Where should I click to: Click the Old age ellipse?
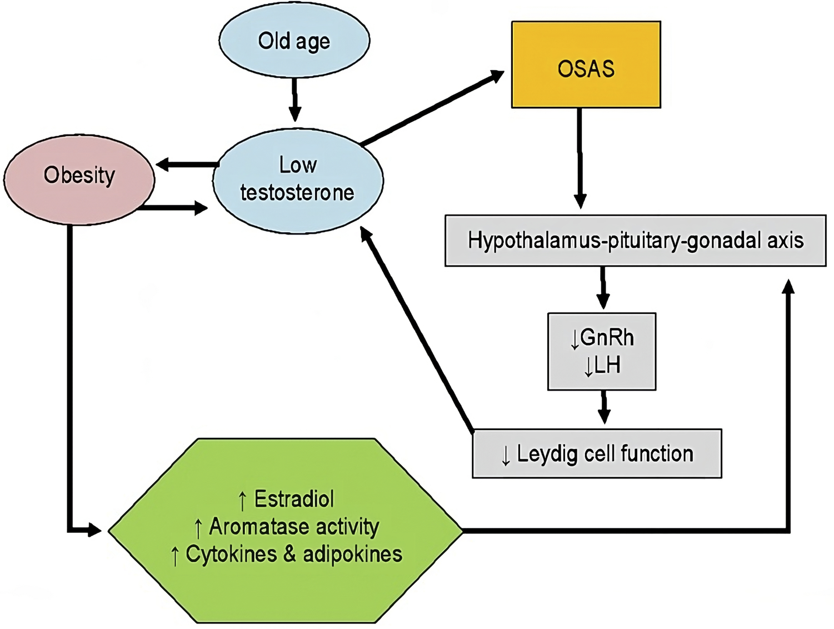click(x=294, y=41)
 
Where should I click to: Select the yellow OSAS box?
click(x=586, y=65)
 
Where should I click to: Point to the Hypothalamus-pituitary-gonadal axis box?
click(x=635, y=241)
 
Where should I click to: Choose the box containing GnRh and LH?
click(x=602, y=351)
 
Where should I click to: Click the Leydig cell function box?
click(x=597, y=453)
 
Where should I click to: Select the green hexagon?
click(x=286, y=530)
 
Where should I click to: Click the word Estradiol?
click(x=294, y=499)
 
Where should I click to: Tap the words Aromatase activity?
click(x=294, y=526)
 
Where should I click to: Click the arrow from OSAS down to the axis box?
click(x=580, y=158)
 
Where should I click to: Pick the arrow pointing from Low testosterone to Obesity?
click(x=186, y=164)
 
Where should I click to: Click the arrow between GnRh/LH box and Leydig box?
click(x=604, y=407)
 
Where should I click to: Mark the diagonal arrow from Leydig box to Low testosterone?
click(x=417, y=331)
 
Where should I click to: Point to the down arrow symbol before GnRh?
click(x=575, y=339)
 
